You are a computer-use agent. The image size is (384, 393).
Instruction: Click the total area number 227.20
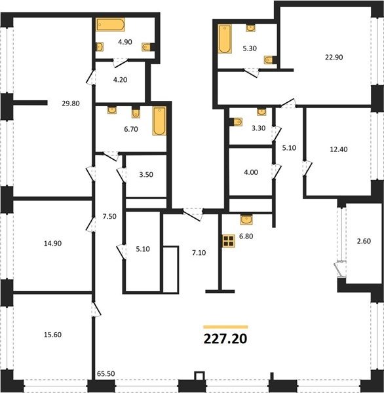225,339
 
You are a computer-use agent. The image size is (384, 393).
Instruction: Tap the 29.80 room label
71,103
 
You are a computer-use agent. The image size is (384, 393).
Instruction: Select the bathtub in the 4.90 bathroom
110,25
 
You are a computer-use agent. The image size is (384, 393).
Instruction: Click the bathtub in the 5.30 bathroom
225,39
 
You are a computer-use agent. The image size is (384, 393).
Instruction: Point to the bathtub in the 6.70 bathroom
159,121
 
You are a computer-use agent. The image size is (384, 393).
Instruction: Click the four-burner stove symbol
229,241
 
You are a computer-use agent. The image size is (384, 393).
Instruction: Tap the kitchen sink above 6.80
246,219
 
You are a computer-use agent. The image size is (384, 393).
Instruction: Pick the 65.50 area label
106,373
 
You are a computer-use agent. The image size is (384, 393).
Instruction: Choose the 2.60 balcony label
364,241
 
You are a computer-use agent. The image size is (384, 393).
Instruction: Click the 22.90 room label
334,57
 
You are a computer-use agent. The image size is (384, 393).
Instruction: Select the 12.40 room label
339,149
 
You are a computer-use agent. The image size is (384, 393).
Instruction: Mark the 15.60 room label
52,335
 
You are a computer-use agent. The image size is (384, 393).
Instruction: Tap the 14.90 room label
52,244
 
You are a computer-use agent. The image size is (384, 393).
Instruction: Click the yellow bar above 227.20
225,327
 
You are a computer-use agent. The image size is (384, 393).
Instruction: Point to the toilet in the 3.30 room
237,122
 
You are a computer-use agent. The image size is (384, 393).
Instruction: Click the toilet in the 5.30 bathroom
269,60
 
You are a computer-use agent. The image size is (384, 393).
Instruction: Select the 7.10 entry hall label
199,253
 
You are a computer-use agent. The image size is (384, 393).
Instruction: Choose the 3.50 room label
146,174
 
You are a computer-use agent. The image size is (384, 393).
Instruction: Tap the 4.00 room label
251,172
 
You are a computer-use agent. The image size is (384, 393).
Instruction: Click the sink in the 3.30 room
261,112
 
